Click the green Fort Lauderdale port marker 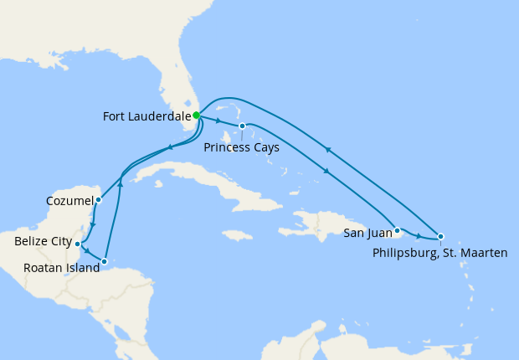pyautogui.click(x=196, y=116)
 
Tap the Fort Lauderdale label pyautogui.click(x=146, y=116)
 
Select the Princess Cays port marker pyautogui.click(x=242, y=126)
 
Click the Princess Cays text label pyautogui.click(x=241, y=147)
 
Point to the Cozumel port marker pyautogui.click(x=98, y=200)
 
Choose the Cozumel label pyautogui.click(x=69, y=201)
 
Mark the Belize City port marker pyautogui.click(x=77, y=244)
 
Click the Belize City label pyautogui.click(x=44, y=242)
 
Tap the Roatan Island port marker pyautogui.click(x=104, y=262)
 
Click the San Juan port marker pyautogui.click(x=397, y=229)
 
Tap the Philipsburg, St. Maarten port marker pyautogui.click(x=440, y=236)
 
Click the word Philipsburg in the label pyautogui.click(x=403, y=252)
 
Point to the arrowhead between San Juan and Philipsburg pyautogui.click(x=419, y=235)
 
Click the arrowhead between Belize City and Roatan pyautogui.click(x=87, y=250)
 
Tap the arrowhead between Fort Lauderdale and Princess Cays pyautogui.click(x=218, y=121)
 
